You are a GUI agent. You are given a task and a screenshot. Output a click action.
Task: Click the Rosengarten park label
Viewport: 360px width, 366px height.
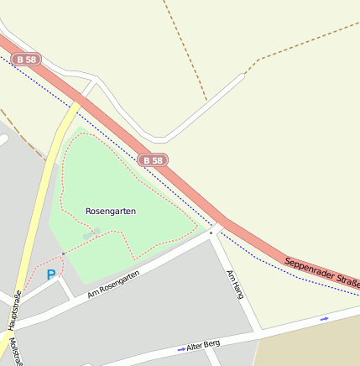point(111,212)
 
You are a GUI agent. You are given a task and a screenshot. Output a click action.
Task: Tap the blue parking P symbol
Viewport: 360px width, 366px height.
point(51,274)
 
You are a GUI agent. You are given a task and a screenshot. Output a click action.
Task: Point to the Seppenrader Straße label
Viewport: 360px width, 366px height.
point(322,273)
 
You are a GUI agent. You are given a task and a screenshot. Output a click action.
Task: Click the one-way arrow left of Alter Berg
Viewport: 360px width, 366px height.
point(180,348)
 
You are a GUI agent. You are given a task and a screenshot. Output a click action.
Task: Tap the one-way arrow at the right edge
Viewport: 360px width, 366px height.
point(325,319)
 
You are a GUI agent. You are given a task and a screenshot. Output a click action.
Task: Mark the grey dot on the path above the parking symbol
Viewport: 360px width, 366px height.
point(63,253)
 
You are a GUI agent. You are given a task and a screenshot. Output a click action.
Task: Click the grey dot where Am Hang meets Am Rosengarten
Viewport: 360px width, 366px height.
point(211,233)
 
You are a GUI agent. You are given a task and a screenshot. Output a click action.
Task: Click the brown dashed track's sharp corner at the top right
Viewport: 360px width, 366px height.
point(246,72)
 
